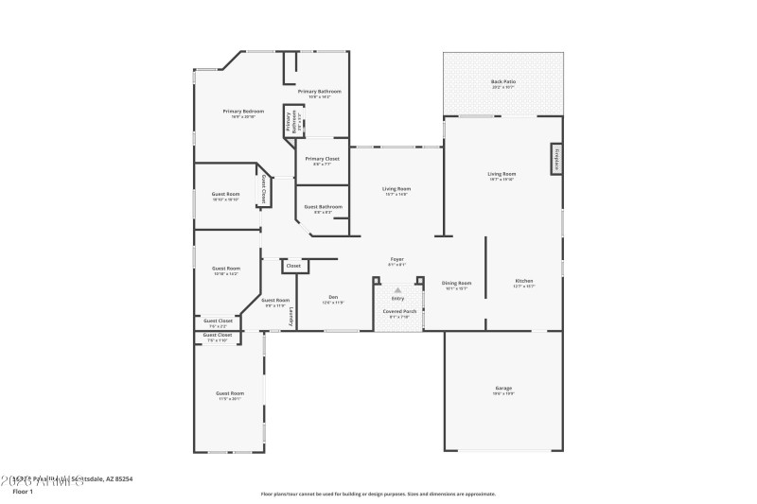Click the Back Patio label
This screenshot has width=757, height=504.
click(502, 82)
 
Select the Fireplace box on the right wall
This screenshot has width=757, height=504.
click(556, 159)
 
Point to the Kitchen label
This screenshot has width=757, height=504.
click(523, 282)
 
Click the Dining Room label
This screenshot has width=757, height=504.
click(457, 284)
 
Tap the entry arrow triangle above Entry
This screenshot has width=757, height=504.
click(397, 290)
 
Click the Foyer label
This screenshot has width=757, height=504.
click(397, 260)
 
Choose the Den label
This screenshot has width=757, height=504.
click(333, 298)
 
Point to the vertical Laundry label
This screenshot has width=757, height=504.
click(291, 317)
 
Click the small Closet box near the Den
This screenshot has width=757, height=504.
click(293, 267)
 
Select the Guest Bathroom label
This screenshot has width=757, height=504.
click(324, 207)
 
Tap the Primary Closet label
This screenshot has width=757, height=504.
click(323, 159)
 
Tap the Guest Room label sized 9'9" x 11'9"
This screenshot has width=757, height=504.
click(276, 301)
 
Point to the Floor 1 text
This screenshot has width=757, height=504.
click(22, 491)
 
